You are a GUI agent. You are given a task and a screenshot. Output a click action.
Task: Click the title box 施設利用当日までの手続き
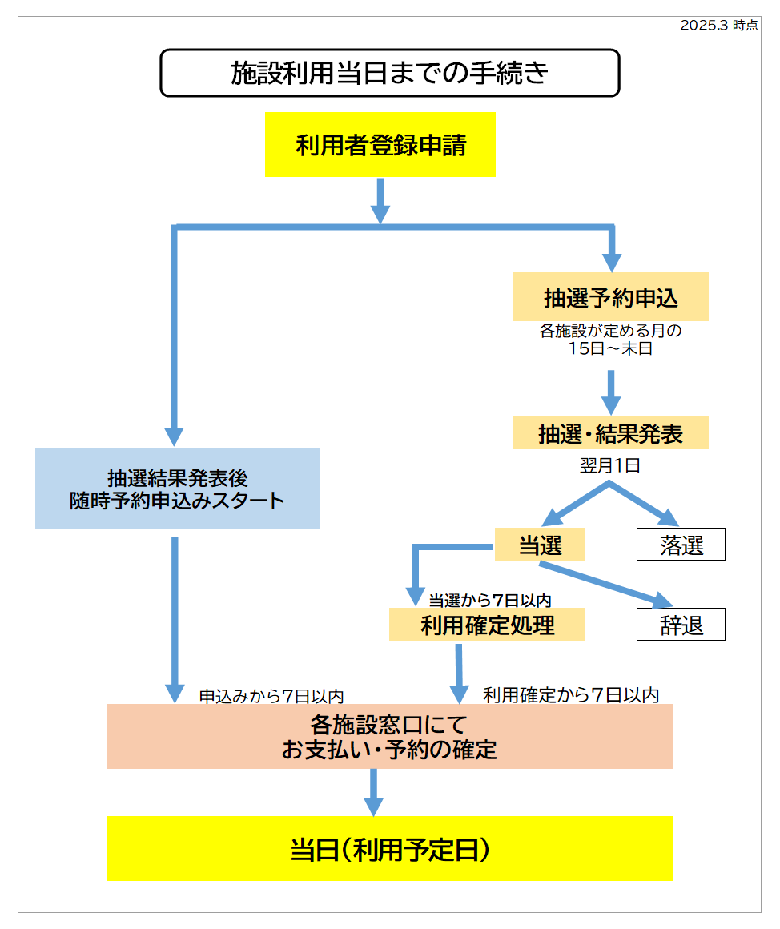click(390, 73)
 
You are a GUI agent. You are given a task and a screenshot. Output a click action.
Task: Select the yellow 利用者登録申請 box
click(380, 145)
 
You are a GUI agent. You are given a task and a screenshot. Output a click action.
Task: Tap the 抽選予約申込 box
click(610, 297)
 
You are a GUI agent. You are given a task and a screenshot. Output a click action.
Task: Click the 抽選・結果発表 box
click(610, 433)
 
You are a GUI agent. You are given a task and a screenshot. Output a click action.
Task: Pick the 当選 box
click(540, 545)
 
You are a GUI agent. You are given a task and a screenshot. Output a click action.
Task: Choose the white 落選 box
click(681, 545)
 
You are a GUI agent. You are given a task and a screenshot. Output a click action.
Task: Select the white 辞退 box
click(681, 625)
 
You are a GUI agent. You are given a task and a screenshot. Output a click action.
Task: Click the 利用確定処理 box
click(487, 625)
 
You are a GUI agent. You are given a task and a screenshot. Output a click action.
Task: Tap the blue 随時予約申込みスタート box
click(177, 489)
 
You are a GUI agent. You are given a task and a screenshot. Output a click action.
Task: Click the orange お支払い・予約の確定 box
click(389, 737)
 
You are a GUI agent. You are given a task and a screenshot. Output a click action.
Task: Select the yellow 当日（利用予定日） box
click(389, 849)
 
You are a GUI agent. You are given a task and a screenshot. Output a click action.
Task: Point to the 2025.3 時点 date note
click(718, 25)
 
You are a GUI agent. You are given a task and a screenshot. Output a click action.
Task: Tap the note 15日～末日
click(610, 349)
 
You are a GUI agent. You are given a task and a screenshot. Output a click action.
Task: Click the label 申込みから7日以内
click(272, 696)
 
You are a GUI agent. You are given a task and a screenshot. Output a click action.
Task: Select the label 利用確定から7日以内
click(571, 694)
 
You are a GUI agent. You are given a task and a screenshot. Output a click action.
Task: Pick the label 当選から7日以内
click(489, 599)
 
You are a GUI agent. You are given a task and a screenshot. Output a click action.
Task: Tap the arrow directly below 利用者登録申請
click(380, 200)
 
